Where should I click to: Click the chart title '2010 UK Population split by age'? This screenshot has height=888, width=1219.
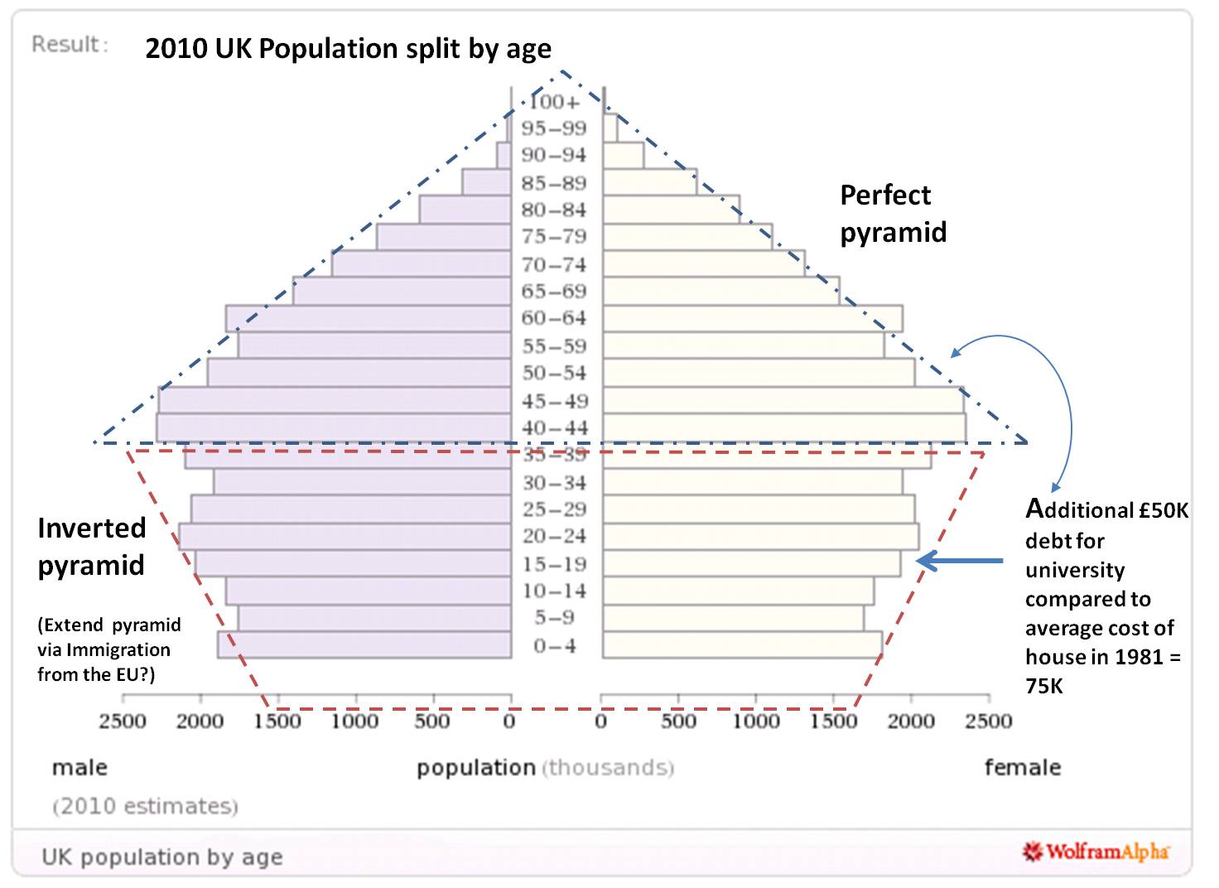348,49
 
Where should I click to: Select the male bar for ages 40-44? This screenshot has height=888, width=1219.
333,427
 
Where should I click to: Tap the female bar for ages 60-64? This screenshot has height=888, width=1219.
752,319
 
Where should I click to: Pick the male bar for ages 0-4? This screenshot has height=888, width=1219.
364,645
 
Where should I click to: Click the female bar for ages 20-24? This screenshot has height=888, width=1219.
760,537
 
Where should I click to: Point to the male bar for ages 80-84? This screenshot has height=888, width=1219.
465,210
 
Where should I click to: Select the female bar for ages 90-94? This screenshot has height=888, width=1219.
624,155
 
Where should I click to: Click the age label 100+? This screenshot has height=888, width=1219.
554,102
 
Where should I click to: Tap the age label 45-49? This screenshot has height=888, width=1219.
554,401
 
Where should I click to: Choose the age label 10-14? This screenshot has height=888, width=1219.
554,591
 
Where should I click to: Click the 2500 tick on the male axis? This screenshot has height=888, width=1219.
122,721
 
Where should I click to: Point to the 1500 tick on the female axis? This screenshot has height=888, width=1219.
834,721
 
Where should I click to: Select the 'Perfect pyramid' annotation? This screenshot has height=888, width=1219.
893,213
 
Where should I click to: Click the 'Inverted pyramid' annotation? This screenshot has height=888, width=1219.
91,546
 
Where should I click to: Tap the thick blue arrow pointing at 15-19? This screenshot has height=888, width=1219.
961,562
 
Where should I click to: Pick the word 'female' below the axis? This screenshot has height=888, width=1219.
1022,767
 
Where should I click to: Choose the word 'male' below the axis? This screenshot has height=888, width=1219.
79,767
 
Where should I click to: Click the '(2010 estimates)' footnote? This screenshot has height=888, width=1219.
145,805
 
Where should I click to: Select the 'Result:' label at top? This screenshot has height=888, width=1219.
70,44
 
